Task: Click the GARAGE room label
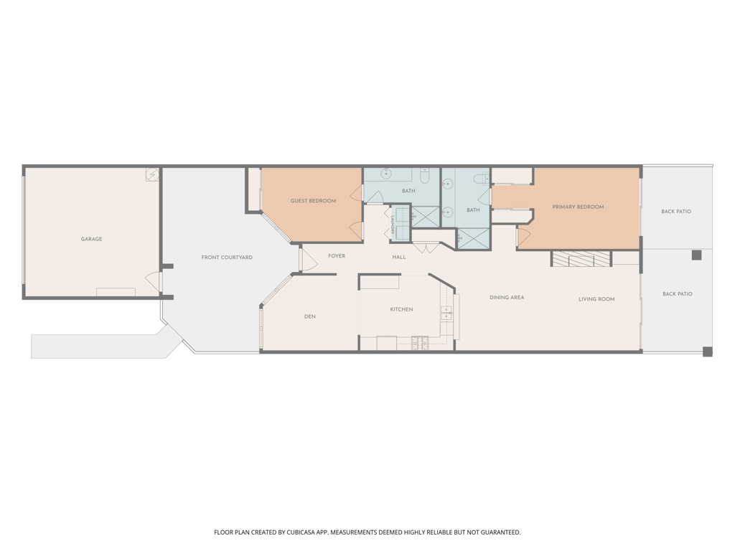pyautogui.click(x=91, y=239)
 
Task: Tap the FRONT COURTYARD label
pyautogui.click(x=227, y=258)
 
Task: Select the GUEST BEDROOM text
pyautogui.click(x=313, y=201)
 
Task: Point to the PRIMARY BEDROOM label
pyautogui.click(x=578, y=207)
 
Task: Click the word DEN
pyautogui.click(x=310, y=316)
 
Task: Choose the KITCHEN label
pyautogui.click(x=402, y=309)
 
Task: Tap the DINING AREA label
pyautogui.click(x=507, y=298)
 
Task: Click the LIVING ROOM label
pyautogui.click(x=596, y=299)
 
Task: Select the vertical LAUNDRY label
pyautogui.click(x=393, y=225)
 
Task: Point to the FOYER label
pyautogui.click(x=337, y=256)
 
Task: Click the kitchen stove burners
pyautogui.click(x=420, y=343)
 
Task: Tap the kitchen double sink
pyautogui.click(x=446, y=313)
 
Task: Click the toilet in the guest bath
pyautogui.click(x=425, y=176)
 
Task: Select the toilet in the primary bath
pyautogui.click(x=481, y=179)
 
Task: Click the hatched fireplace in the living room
pyautogui.click(x=581, y=259)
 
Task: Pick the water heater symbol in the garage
pyautogui.click(x=152, y=175)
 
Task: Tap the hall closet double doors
pyautogui.click(x=426, y=248)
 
